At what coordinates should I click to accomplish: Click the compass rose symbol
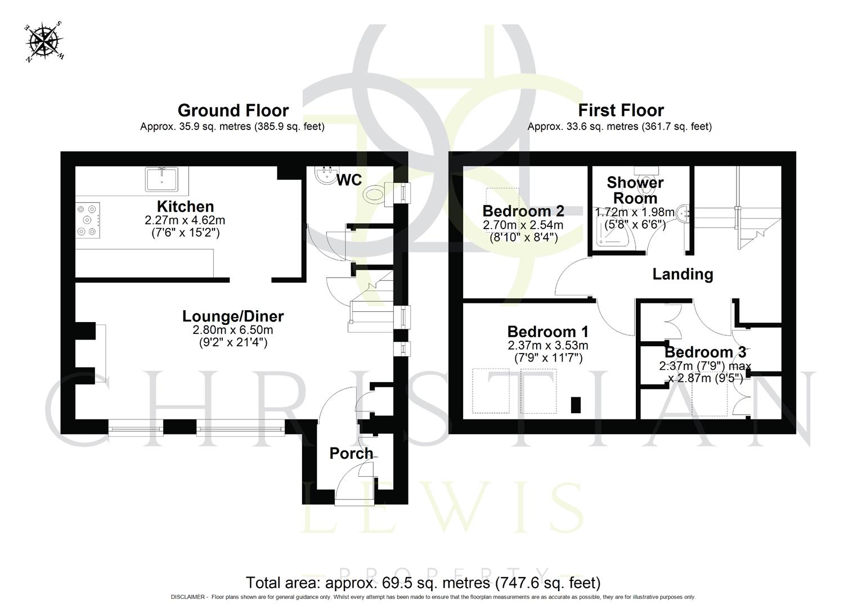44,41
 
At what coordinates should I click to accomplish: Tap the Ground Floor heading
233,110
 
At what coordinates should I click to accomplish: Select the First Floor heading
621,110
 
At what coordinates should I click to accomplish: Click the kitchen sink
161,179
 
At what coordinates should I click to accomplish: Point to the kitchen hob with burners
88,220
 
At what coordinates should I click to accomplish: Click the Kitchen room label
185,207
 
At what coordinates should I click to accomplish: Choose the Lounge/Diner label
233,316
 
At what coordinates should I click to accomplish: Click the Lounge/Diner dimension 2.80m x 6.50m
233,330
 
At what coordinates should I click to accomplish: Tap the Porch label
351,453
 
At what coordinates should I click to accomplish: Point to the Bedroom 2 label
523,211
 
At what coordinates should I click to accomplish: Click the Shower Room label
635,190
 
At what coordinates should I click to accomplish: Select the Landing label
683,274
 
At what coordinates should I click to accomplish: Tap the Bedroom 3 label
705,352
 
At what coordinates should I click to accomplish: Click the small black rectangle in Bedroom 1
575,405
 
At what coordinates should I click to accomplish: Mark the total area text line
423,582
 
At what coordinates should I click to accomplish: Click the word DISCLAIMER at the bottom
189,597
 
